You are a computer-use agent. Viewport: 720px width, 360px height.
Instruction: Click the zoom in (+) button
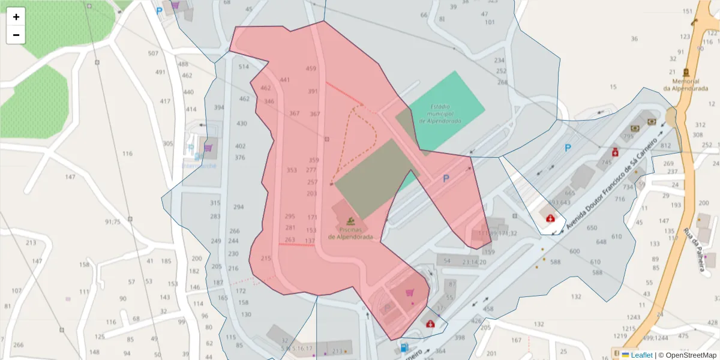16,17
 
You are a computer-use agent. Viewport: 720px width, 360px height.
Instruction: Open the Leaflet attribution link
641,355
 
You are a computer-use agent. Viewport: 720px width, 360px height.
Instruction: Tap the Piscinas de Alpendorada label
350,233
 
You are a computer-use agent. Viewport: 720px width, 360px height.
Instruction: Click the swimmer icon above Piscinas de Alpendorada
349,220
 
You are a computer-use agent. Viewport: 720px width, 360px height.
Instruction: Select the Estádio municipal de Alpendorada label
440,113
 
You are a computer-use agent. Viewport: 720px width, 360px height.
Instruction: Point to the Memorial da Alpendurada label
685,85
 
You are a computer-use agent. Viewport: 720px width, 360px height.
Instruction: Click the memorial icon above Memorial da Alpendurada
686,71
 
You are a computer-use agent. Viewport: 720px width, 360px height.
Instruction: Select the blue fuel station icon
405,347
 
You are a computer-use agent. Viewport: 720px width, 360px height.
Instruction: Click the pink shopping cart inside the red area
410,293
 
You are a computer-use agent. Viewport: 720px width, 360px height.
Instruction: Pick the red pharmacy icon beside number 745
615,152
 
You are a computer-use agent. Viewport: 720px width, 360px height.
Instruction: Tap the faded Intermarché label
199,166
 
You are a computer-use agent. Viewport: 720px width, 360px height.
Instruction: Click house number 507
153,53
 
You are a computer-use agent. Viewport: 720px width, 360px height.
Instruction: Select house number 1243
633,317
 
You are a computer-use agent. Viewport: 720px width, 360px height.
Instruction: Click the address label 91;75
113,221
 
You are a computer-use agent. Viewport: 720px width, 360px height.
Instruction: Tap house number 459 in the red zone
311,68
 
